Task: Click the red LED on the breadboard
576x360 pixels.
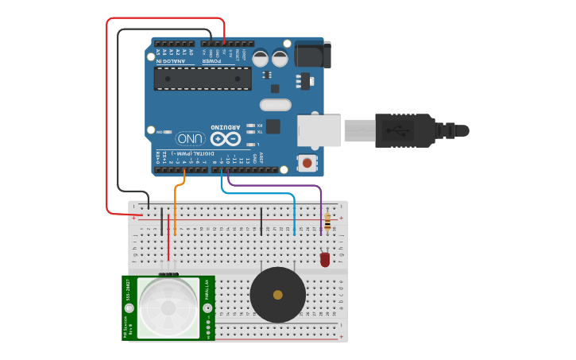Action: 324,258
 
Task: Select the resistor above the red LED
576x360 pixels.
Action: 327,222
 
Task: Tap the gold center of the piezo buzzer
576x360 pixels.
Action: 277,295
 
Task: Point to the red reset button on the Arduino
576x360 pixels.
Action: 307,163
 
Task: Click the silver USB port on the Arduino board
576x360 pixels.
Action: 319,130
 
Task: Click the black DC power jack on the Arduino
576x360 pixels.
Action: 311,54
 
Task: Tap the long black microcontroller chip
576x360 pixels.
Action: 203,78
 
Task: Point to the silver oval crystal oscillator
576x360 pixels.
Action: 276,105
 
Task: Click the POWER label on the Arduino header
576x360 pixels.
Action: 211,61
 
